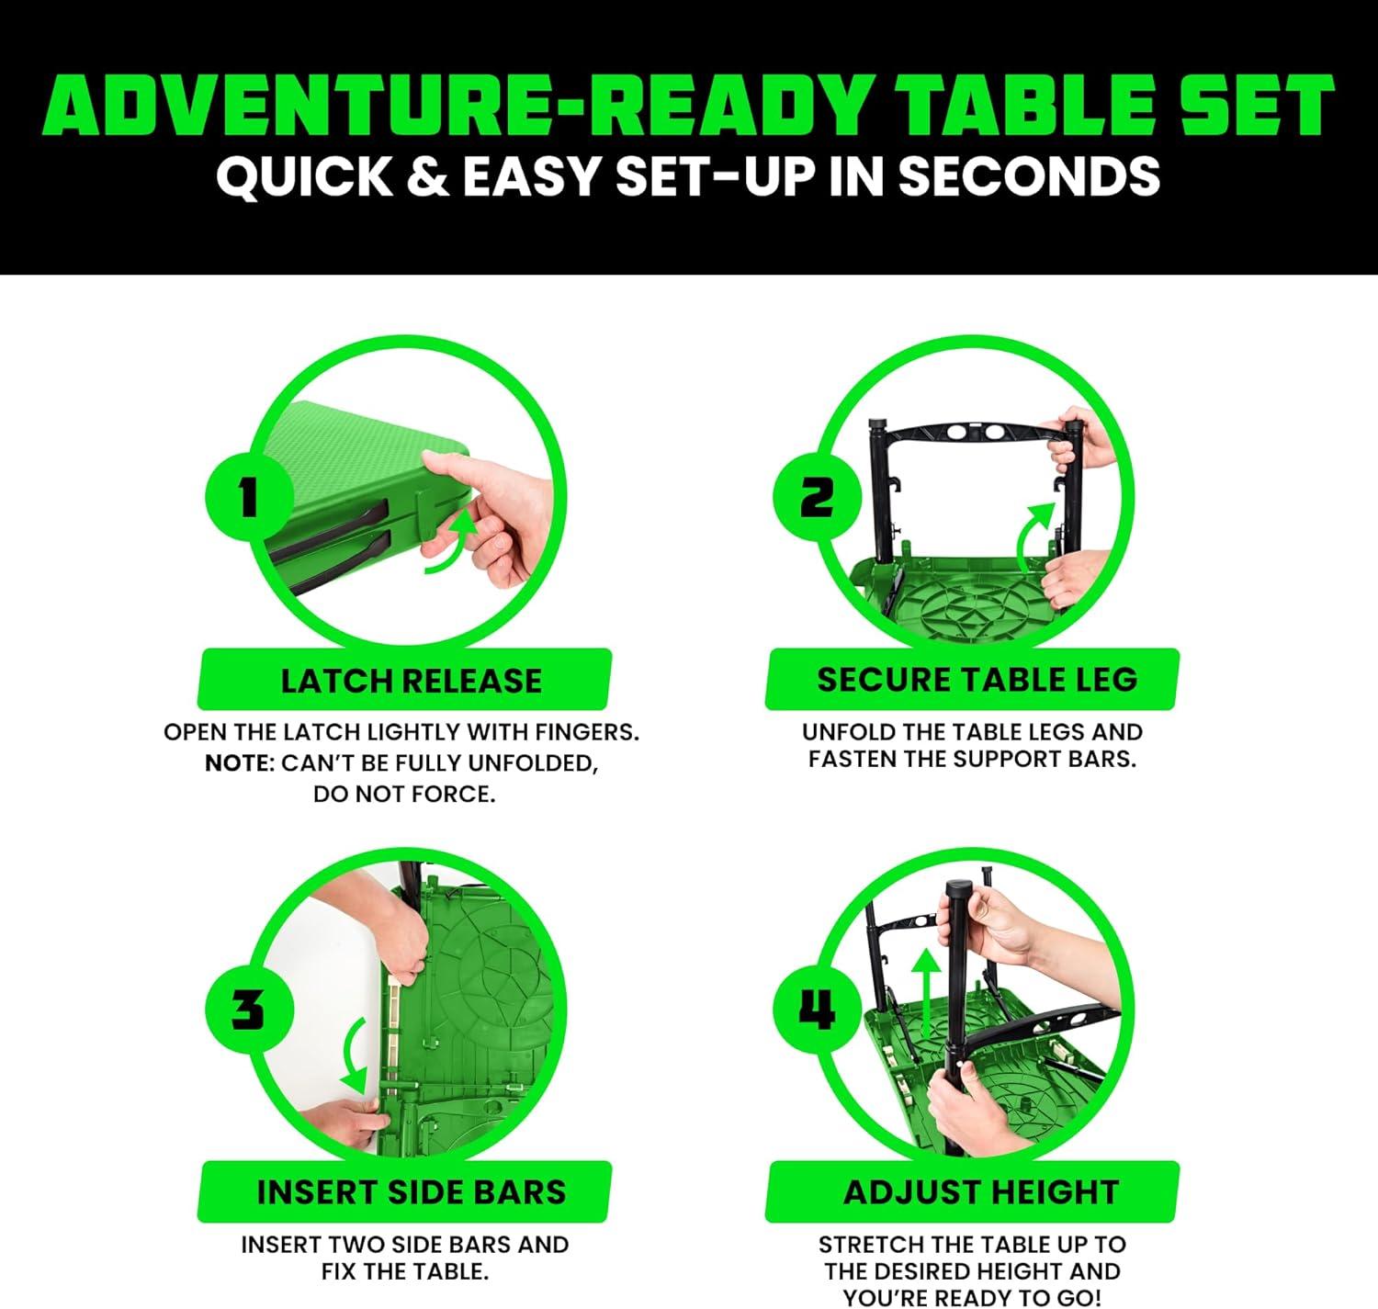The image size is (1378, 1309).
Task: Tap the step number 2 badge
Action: [x=817, y=500]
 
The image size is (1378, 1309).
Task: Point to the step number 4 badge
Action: [x=817, y=1010]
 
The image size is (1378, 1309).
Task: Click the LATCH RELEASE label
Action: [x=411, y=681]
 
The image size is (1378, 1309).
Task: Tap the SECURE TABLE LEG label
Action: [x=977, y=680]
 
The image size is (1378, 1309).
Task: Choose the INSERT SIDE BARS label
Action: [x=411, y=1192]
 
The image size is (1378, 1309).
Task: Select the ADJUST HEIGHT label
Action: [x=980, y=1192]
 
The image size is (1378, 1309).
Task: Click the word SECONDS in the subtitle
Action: [x=1028, y=176]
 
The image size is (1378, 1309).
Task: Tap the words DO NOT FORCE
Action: [x=404, y=795]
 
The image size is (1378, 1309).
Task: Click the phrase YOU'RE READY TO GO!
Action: [x=972, y=1297]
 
